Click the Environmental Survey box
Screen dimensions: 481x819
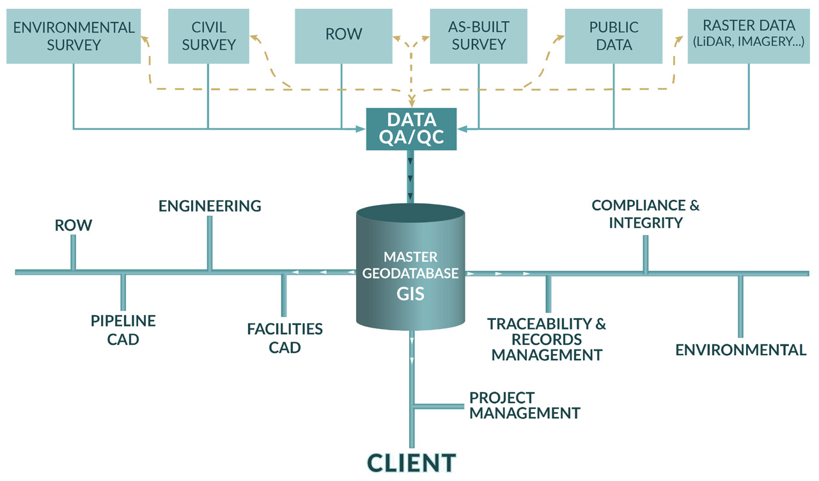point(74,36)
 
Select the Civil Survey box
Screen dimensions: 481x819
point(208,36)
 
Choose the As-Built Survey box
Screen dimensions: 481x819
point(478,36)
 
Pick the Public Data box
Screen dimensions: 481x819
point(614,36)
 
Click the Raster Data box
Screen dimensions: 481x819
point(749,35)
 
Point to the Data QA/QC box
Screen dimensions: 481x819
point(411,129)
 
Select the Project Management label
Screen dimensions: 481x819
point(524,405)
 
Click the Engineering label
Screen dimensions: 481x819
point(210,206)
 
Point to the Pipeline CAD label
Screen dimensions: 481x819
point(123,330)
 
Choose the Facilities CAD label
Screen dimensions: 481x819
point(285,338)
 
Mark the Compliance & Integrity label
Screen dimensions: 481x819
point(645,214)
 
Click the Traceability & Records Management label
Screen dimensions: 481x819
point(547,339)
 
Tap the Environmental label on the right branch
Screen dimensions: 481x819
point(740,350)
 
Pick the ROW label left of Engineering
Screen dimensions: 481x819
point(73,225)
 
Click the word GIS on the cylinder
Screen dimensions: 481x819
point(411,295)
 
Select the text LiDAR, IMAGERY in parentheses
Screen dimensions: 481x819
point(749,43)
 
